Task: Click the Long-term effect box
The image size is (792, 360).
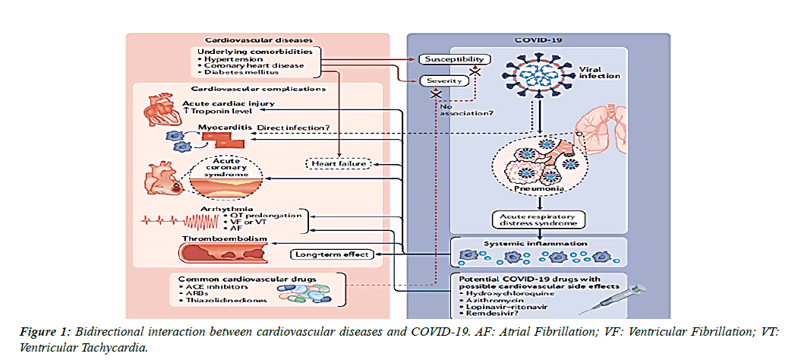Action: click(x=333, y=254)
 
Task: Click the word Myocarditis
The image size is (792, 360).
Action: click(x=226, y=127)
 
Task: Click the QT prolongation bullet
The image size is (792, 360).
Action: click(x=265, y=215)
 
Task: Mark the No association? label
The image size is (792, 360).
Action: click(x=465, y=112)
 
